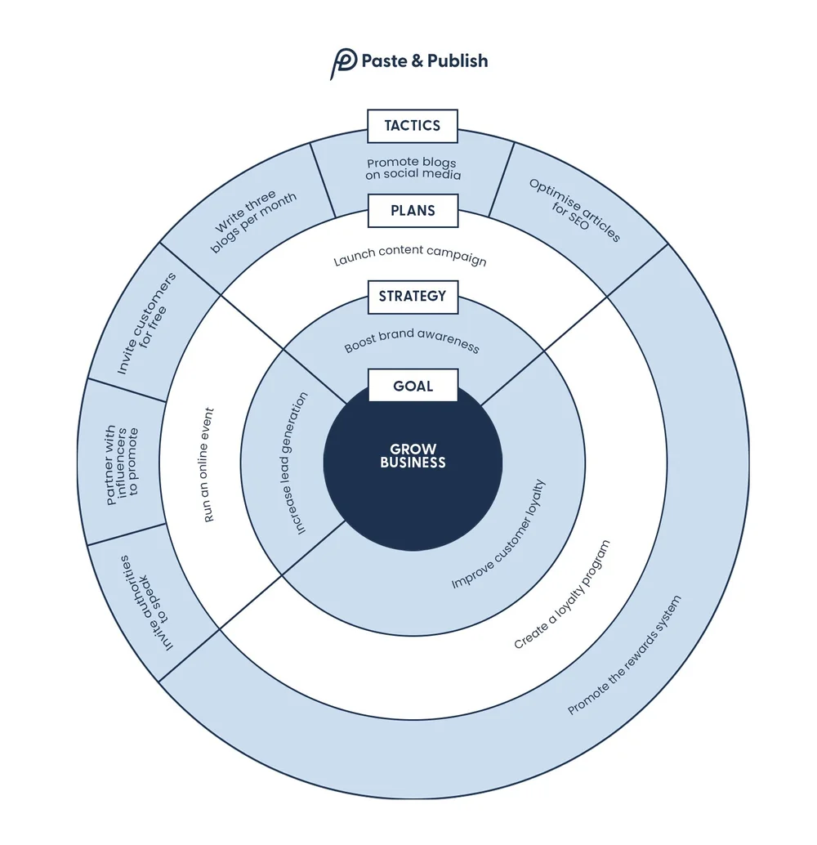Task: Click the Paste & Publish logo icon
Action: pos(343,63)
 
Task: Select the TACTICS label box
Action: pos(413,126)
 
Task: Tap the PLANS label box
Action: pos(413,211)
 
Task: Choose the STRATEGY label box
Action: pos(413,297)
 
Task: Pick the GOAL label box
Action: pos(413,386)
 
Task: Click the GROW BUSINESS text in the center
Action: pos(413,456)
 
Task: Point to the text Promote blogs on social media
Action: pos(413,168)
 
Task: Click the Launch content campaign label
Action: pos(410,255)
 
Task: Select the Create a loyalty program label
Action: pos(562,594)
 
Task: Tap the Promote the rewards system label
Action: pos(624,656)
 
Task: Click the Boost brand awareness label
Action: pos(412,341)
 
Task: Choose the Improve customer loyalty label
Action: pos(498,535)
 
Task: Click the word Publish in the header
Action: pos(457,61)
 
